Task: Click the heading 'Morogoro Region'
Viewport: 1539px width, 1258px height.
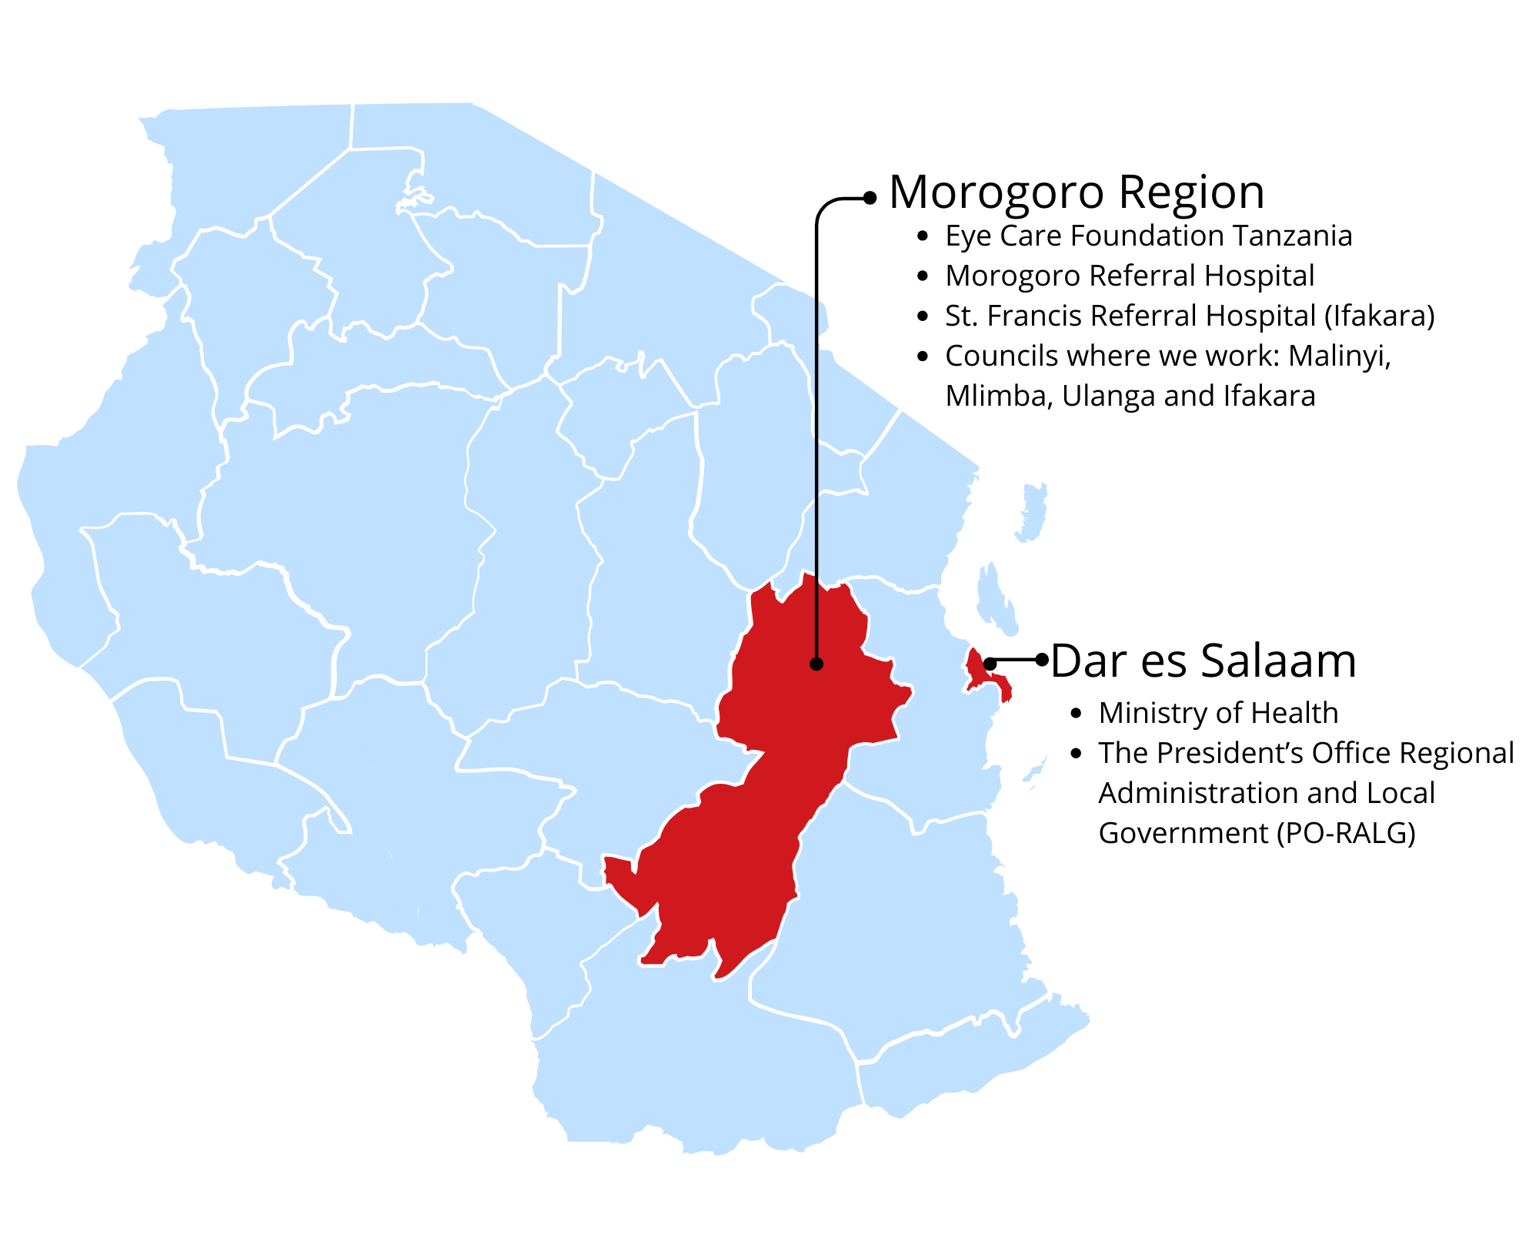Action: (x=1077, y=192)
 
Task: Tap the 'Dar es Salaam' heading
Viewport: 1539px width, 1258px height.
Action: (x=1203, y=661)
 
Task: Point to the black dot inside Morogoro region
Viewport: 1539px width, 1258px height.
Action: (x=816, y=664)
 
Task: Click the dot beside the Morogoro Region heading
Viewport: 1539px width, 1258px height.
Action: (x=870, y=198)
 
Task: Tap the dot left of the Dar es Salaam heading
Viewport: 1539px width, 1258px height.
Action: (x=1042, y=660)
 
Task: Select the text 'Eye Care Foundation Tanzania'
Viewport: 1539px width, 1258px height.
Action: (x=1148, y=236)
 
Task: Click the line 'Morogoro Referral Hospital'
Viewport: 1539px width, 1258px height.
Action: (x=1130, y=276)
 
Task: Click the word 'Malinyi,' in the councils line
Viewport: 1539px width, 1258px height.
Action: (x=1340, y=356)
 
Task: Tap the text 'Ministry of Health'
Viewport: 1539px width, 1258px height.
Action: (x=1218, y=714)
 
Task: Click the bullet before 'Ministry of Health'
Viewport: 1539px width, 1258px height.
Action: (x=1077, y=714)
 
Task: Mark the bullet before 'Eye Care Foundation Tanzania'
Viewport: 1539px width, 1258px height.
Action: (x=923, y=236)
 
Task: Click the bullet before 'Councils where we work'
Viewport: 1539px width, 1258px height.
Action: (x=923, y=356)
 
